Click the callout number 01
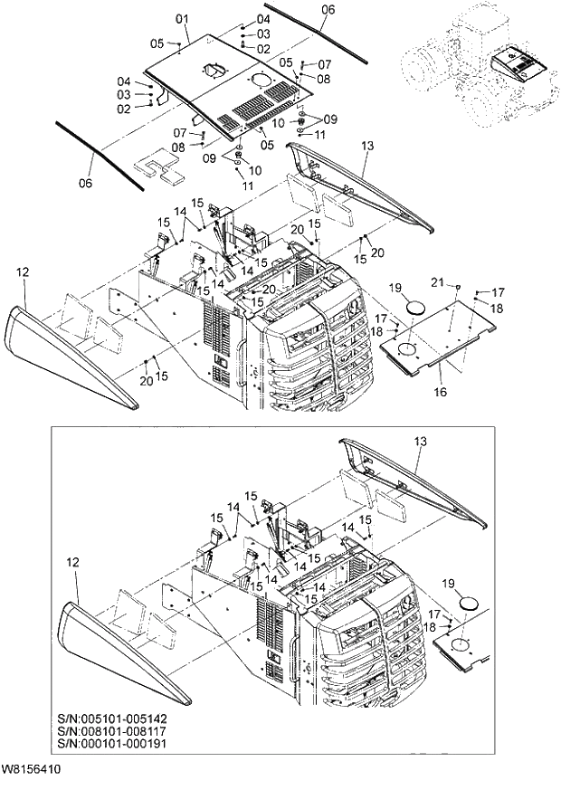[181, 18]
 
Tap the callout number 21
[461, 284]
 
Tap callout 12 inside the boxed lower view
[71, 561]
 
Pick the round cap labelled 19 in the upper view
[417, 308]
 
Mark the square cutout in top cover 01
[214, 69]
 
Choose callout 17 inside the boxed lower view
[433, 614]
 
